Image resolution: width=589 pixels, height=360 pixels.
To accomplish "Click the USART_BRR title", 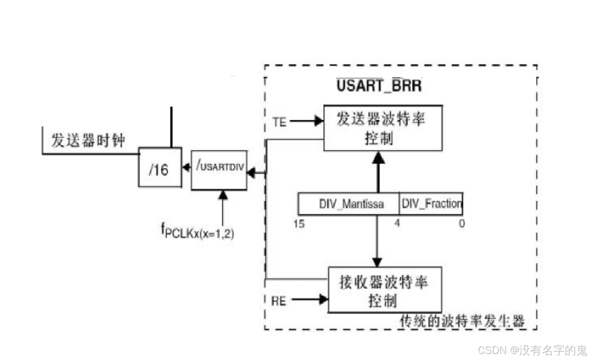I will pyautogui.click(x=379, y=85).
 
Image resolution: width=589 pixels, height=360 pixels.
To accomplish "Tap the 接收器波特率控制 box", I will pyautogui.click(x=385, y=290).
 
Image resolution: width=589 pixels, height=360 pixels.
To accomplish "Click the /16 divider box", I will pyautogui.click(x=159, y=169).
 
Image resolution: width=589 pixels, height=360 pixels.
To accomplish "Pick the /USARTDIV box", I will pyautogui.click(x=219, y=169).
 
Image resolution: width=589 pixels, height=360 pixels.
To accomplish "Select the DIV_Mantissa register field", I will pyautogui.click(x=348, y=204).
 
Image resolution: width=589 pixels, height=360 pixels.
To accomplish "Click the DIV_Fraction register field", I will pyautogui.click(x=431, y=203).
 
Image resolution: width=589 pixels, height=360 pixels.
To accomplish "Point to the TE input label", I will pyautogui.click(x=279, y=122).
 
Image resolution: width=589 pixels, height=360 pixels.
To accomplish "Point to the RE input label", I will pyautogui.click(x=279, y=300).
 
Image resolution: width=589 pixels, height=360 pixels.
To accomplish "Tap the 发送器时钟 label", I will pyautogui.click(x=88, y=141).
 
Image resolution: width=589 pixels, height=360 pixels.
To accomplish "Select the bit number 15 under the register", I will pyautogui.click(x=299, y=224).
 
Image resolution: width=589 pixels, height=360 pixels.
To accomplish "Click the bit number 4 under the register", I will pyautogui.click(x=397, y=224).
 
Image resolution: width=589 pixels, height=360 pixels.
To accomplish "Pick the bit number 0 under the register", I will pyautogui.click(x=461, y=224).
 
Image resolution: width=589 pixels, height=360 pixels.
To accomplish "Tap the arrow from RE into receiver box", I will pyautogui.click(x=310, y=299).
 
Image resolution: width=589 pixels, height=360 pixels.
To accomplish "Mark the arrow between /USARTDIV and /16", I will pyautogui.click(x=186, y=168).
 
